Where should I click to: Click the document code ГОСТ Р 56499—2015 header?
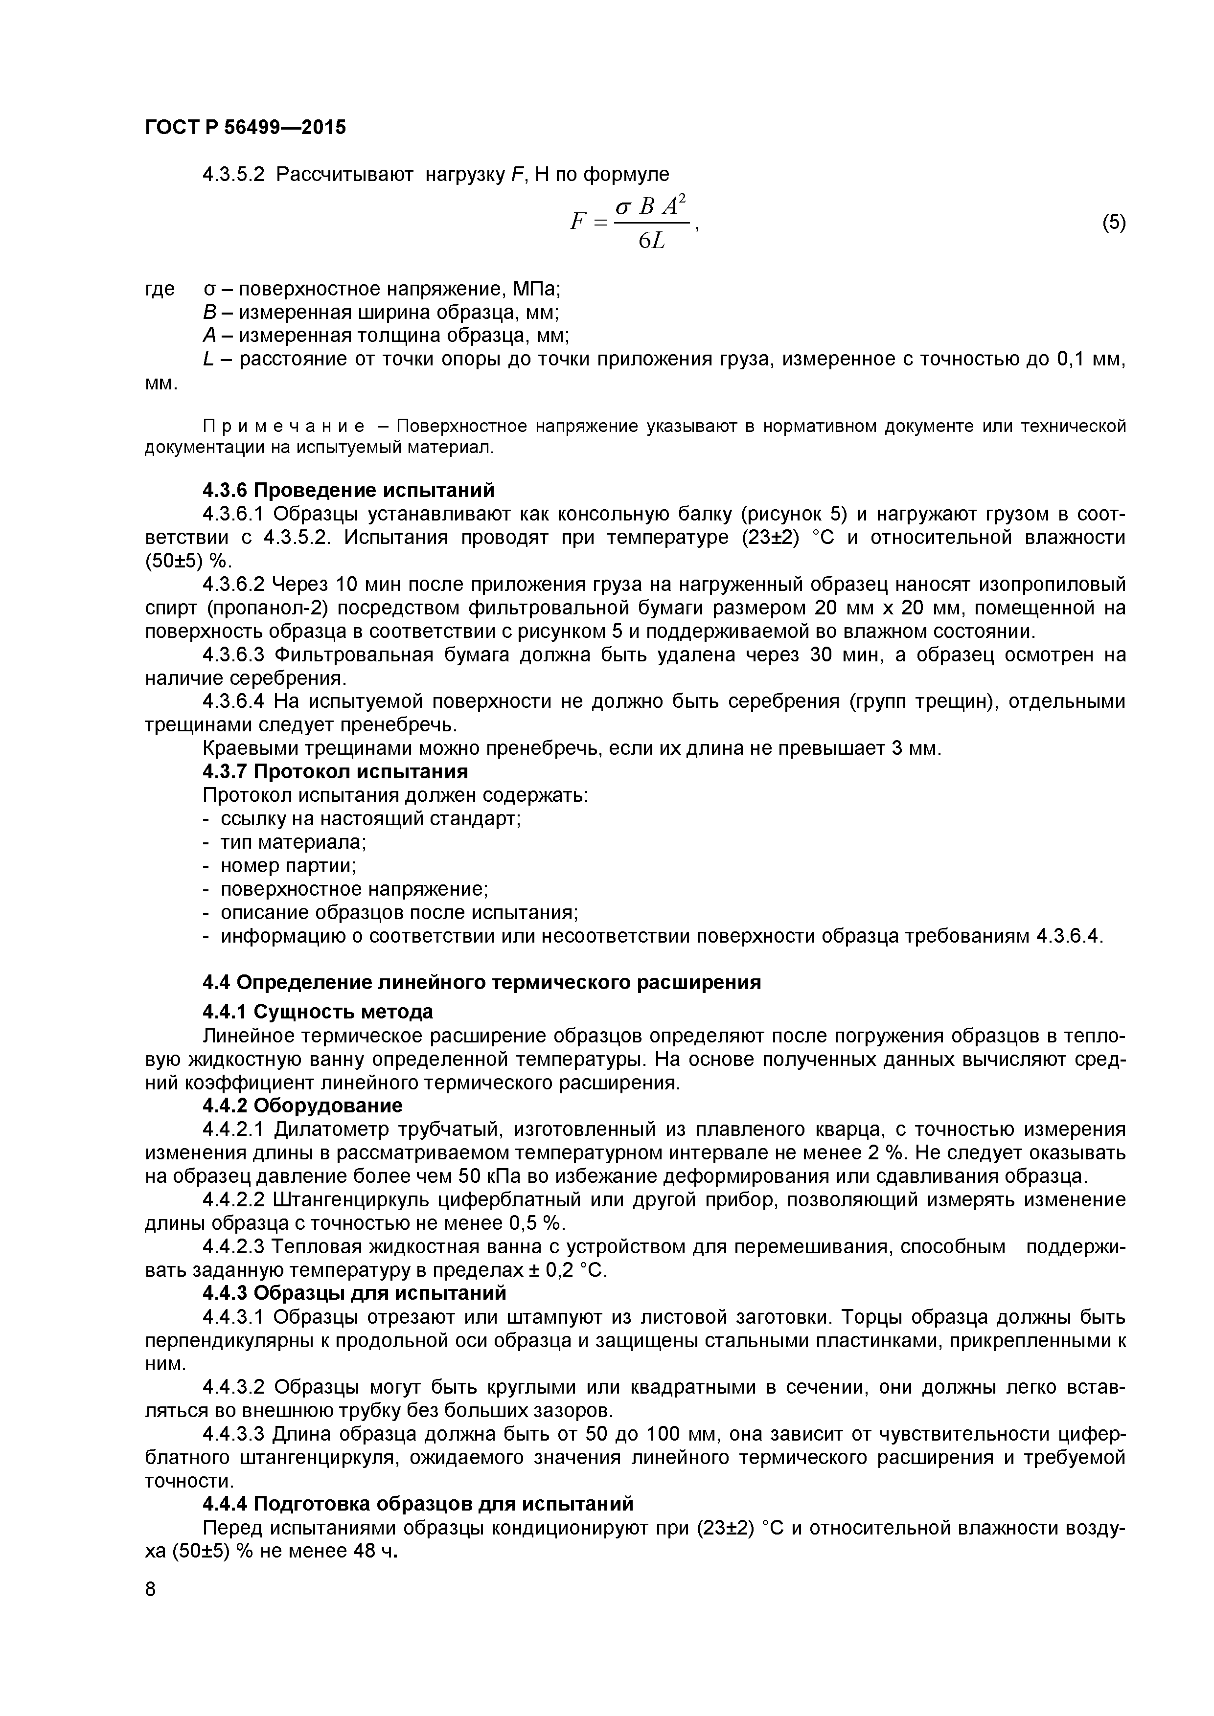(245, 128)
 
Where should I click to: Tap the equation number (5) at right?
(1113, 222)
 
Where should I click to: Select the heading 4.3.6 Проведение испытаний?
(348, 490)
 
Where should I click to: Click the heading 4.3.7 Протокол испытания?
(336, 770)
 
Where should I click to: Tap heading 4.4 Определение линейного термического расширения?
(482, 983)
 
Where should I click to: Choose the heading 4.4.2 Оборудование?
(303, 1106)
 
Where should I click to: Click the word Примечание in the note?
(285, 426)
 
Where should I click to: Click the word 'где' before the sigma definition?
(159, 289)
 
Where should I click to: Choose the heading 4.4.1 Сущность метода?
(318, 1012)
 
